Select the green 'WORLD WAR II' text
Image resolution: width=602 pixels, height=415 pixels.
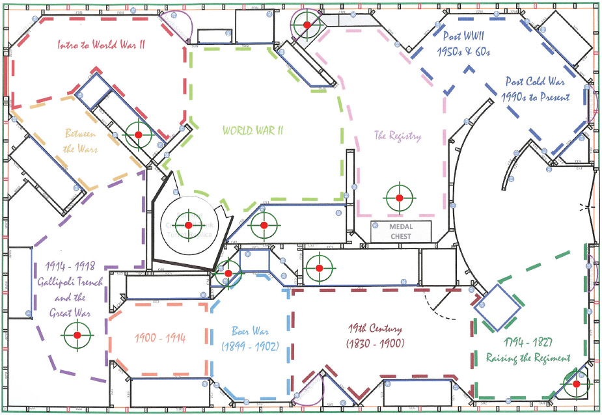(253, 130)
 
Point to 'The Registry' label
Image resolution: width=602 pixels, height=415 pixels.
(397, 136)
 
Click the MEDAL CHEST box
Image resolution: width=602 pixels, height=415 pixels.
(401, 231)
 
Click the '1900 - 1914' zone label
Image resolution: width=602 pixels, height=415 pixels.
(160, 338)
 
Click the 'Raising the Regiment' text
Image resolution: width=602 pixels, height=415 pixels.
(528, 358)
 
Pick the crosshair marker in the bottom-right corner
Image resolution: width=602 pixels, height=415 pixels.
(576, 384)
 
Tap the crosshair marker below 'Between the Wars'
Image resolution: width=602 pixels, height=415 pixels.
(138, 135)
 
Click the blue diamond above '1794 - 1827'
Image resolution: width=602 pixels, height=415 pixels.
(497, 306)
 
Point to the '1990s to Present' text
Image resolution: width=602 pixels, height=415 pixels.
(536, 97)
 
